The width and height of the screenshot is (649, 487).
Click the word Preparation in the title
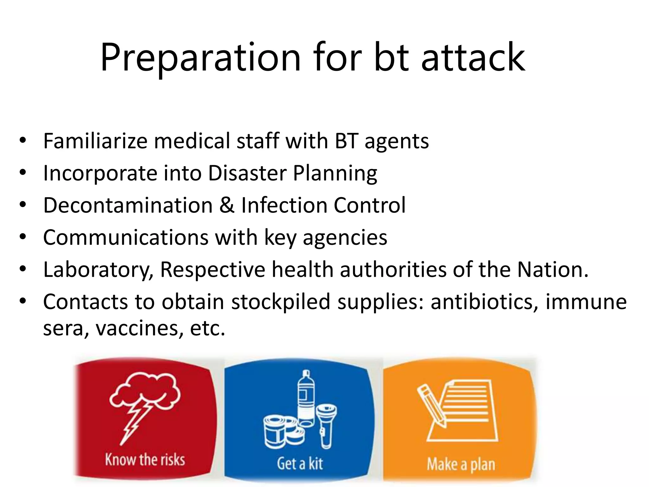(x=200, y=58)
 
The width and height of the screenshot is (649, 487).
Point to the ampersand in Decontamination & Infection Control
(x=227, y=205)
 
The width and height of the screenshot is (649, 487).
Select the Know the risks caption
(x=145, y=460)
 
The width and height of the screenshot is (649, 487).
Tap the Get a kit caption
(x=300, y=463)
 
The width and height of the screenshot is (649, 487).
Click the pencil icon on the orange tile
(x=431, y=406)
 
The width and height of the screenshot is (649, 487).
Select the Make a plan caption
(x=461, y=464)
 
